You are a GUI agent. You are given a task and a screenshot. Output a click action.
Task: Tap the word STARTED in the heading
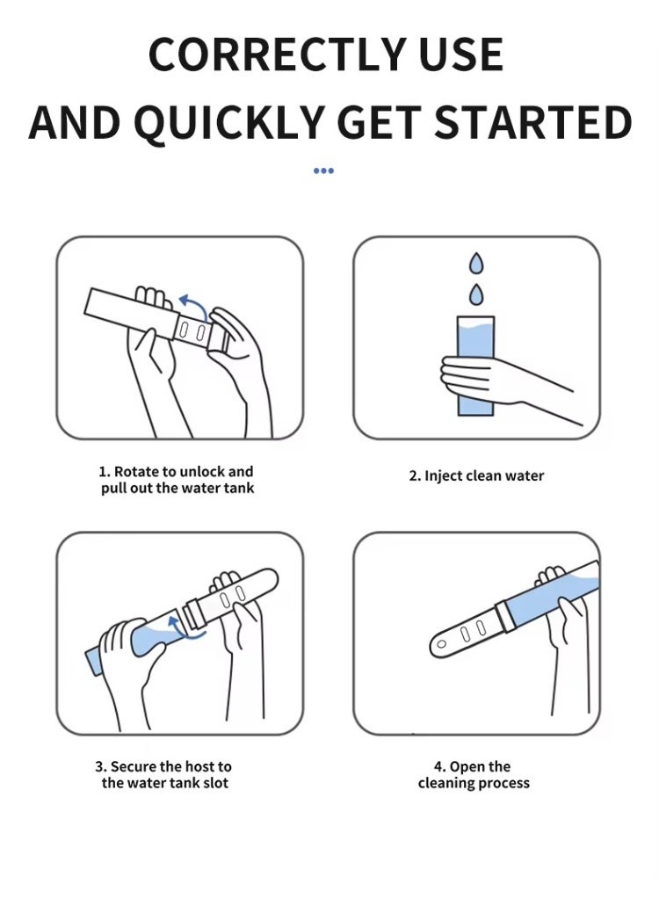(533, 123)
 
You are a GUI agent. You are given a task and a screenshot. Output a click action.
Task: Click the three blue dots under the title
(323, 170)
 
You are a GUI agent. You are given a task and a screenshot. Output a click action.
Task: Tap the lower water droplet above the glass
(476, 294)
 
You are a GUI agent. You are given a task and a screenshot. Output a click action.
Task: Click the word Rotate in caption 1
(136, 472)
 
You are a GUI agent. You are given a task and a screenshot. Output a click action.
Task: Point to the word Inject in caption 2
(443, 476)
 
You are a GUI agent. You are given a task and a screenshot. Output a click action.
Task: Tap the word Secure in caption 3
(134, 766)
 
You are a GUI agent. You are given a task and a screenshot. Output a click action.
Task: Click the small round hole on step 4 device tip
(441, 644)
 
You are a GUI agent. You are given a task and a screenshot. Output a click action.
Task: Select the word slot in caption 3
(215, 783)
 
